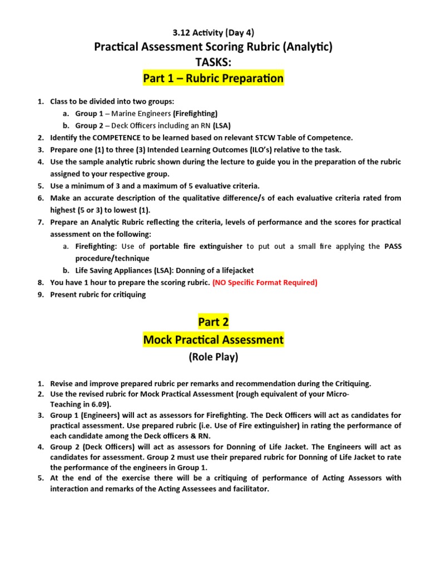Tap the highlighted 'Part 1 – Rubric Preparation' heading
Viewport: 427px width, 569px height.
tap(213, 78)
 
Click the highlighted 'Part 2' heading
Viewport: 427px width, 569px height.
tap(213, 322)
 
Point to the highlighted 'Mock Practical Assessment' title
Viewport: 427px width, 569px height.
tap(213, 339)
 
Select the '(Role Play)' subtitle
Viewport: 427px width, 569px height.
tap(213, 357)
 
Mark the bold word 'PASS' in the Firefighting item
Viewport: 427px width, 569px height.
tap(393, 246)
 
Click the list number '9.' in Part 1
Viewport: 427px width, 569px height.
tap(41, 295)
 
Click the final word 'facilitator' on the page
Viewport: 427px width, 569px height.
tap(249, 490)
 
